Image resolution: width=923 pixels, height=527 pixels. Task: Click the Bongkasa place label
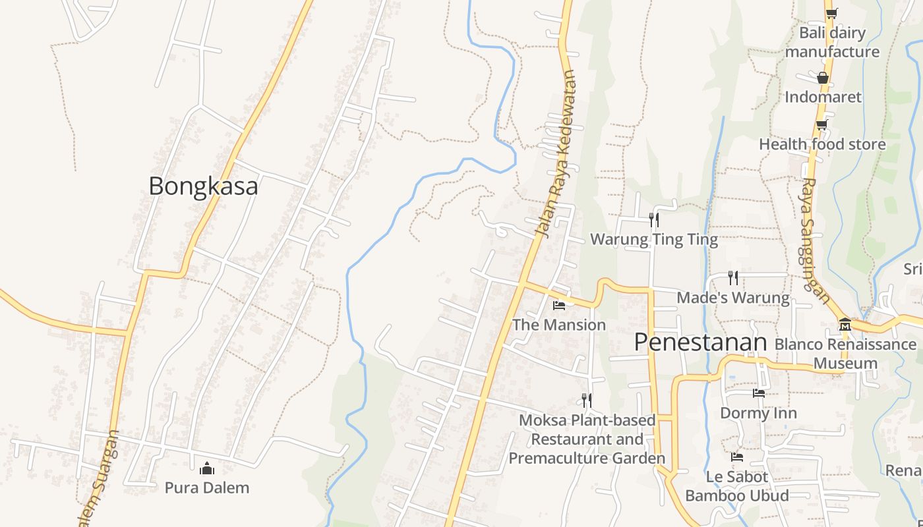coord(203,186)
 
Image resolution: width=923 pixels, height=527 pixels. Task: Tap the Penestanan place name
coord(701,343)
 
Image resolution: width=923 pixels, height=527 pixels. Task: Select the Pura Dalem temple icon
coord(207,468)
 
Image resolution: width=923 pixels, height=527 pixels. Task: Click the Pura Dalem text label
coord(207,487)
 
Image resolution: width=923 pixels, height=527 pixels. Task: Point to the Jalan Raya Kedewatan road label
coord(556,155)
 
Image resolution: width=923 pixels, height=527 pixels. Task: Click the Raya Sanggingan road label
coord(816,240)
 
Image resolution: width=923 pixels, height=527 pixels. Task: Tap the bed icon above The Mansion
coord(559,306)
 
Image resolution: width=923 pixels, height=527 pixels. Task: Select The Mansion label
coord(559,325)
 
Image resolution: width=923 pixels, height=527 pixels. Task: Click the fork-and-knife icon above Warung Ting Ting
coord(654,219)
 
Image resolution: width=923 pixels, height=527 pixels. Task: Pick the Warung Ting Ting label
coord(654,239)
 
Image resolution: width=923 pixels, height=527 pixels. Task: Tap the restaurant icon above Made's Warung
coord(733,277)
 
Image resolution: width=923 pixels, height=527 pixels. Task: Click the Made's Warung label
coord(733,298)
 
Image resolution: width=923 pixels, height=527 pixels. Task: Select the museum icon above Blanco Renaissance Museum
coord(845,324)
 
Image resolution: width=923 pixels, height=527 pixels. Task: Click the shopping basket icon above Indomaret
coord(823,78)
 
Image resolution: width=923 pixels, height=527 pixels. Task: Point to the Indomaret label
coord(823,97)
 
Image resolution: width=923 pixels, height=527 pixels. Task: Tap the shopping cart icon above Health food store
coord(822,125)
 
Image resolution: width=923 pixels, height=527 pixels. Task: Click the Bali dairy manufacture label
coord(832,42)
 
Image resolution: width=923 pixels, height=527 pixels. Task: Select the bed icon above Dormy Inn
coord(759,393)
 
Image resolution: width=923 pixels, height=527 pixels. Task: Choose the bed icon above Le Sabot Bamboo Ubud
coord(737,457)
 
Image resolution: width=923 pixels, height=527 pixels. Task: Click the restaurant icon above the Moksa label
coord(587,400)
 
